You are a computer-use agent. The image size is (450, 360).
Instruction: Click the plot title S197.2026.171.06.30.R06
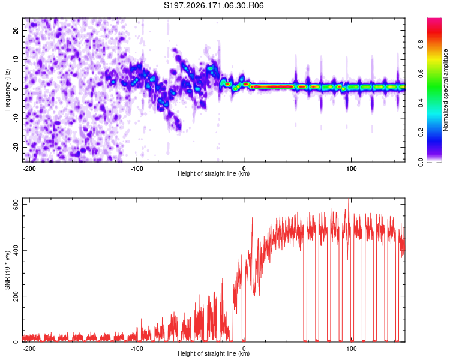coord(214,5)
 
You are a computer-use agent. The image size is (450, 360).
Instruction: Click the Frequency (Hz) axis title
coord(7,90)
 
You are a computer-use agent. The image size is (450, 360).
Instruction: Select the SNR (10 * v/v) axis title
coord(7,270)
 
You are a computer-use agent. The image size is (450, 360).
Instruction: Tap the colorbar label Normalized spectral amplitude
coord(445,90)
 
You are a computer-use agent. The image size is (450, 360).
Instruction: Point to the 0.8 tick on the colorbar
coord(421,44)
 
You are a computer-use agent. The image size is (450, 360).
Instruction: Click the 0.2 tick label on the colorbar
coord(421,133)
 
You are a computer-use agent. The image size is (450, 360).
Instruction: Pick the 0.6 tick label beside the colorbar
coord(421,73)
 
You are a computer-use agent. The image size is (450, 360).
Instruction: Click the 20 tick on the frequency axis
coord(16,30)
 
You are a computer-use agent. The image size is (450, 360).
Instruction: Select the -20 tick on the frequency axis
coord(16,148)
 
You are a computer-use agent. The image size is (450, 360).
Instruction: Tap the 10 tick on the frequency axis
coord(16,59)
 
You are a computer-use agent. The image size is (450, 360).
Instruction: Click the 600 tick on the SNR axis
coord(16,205)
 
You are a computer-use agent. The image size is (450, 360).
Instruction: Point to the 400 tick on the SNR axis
coord(16,250)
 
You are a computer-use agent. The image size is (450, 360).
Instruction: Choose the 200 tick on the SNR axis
coord(16,296)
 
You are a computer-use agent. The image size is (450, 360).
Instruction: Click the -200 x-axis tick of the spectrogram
coord(29,169)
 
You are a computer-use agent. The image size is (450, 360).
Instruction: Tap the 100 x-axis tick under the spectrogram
coord(351,169)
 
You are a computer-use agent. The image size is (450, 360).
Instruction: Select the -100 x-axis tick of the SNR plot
coord(137,349)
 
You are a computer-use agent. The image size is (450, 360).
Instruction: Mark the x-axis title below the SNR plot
coord(214,353)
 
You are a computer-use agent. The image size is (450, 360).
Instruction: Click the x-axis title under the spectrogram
coord(214,173)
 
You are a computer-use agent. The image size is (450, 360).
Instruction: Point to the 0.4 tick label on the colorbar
coord(421,103)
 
